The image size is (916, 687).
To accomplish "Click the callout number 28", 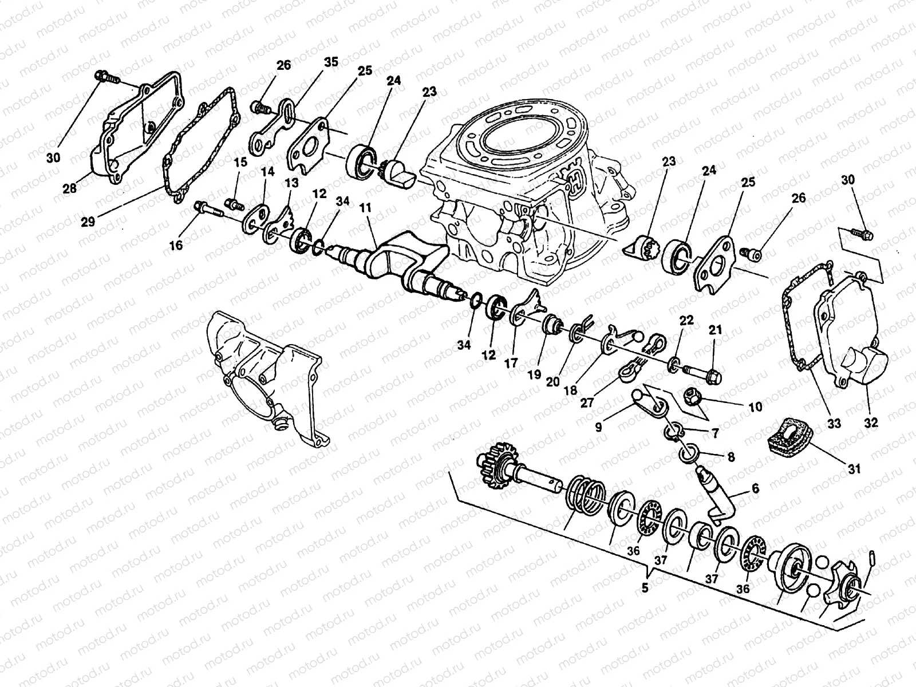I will (x=70, y=188).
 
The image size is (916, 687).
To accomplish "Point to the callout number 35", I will (x=331, y=62).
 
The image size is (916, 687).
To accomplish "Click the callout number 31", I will (x=854, y=469).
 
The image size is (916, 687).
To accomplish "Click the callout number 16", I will (x=176, y=245).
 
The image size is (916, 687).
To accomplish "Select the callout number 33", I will (x=834, y=424).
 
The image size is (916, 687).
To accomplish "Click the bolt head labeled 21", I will (x=713, y=377).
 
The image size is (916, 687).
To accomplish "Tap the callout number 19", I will (x=534, y=375).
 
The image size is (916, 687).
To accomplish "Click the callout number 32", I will (x=871, y=424).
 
